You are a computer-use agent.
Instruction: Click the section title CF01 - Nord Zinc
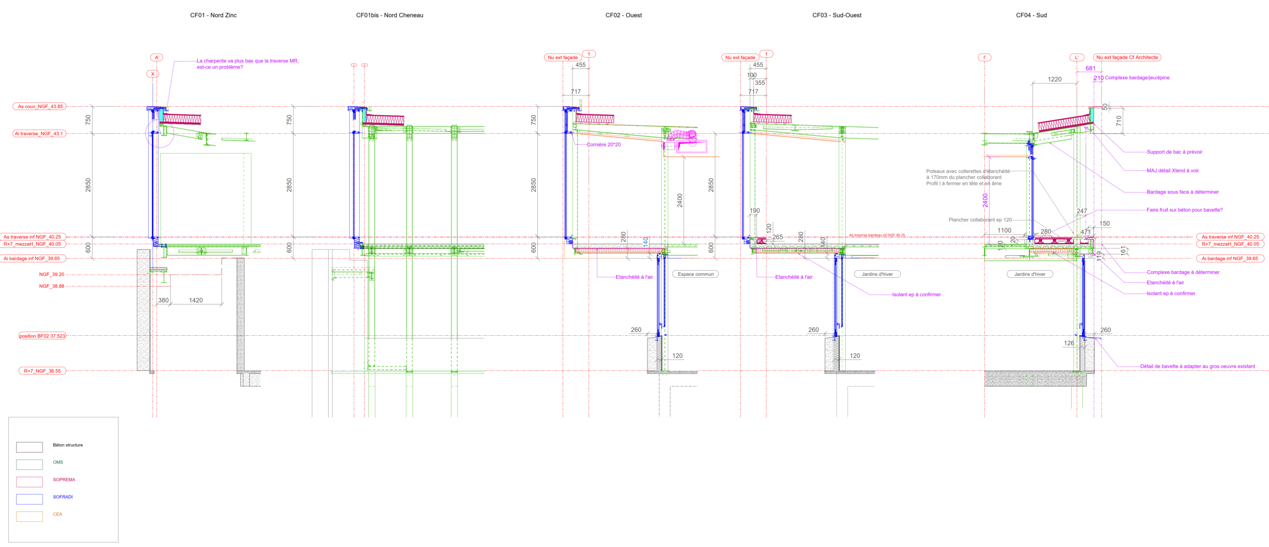pyautogui.click(x=213, y=15)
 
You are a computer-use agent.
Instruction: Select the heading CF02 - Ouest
pyautogui.click(x=623, y=15)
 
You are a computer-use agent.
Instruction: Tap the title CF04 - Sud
pyautogui.click(x=1031, y=15)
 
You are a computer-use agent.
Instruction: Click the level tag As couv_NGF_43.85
pyautogui.click(x=40, y=107)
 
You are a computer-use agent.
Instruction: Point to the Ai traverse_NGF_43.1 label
pyautogui.click(x=39, y=134)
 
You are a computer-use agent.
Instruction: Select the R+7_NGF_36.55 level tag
pyautogui.click(x=42, y=371)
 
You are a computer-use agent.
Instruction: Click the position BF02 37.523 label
pyautogui.click(x=42, y=336)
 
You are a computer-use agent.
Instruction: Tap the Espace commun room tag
pyautogui.click(x=695, y=274)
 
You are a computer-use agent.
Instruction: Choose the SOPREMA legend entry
pyautogui.click(x=64, y=480)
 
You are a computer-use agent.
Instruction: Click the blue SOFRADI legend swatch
pyautogui.click(x=29, y=499)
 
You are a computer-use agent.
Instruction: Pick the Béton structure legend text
pyautogui.click(x=68, y=445)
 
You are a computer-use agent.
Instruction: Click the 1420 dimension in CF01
pyautogui.click(x=196, y=301)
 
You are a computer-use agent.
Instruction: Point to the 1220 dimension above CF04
pyautogui.click(x=1054, y=79)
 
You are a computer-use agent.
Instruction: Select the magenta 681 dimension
pyautogui.click(x=1091, y=68)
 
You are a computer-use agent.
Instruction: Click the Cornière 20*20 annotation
pyautogui.click(x=603, y=145)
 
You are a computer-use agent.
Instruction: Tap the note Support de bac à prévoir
pyautogui.click(x=1174, y=152)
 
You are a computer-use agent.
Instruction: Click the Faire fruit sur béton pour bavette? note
pyautogui.click(x=1184, y=210)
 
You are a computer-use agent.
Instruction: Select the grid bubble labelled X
pyautogui.click(x=153, y=74)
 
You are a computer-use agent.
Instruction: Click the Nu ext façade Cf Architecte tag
pyautogui.click(x=1127, y=58)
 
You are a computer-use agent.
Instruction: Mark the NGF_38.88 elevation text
pyautogui.click(x=52, y=286)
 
